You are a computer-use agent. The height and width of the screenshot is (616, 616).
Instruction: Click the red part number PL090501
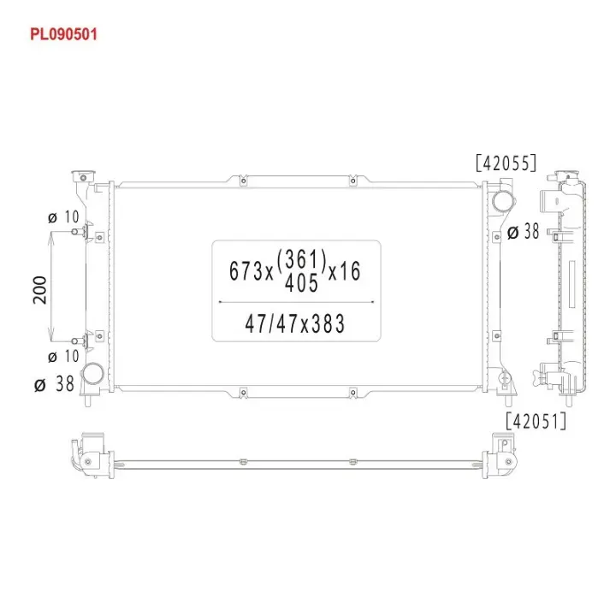(63, 34)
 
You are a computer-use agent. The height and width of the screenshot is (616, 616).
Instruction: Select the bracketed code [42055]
(506, 163)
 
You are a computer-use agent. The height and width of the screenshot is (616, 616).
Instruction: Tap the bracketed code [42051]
(536, 421)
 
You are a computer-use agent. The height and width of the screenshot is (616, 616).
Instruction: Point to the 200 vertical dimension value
(39, 290)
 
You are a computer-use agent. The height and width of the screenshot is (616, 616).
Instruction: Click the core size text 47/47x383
(294, 323)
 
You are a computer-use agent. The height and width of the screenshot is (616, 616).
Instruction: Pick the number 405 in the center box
(301, 283)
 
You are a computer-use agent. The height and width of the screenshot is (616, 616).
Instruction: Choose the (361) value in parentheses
(301, 260)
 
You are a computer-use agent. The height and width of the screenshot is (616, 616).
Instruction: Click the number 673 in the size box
(246, 271)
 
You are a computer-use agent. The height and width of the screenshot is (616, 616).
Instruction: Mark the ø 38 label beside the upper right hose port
(523, 232)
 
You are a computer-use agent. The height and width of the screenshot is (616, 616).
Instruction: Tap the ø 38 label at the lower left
(54, 384)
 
